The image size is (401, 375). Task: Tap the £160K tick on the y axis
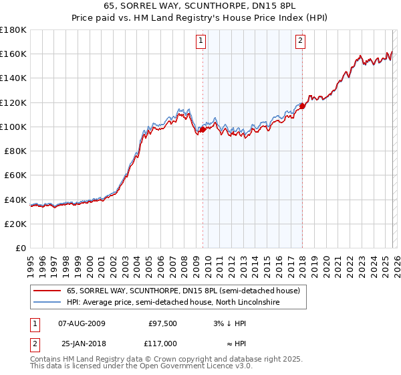pyautogui.click(x=13, y=54)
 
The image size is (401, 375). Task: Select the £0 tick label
pyautogui.click(x=21, y=248)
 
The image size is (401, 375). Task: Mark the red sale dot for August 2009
pyautogui.click(x=203, y=130)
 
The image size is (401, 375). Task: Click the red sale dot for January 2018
pyautogui.click(x=302, y=106)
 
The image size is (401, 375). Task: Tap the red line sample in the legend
pyautogui.click(x=47, y=291)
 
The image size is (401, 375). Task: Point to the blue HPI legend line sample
pyautogui.click(x=47, y=303)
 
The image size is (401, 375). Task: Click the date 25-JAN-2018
pyautogui.click(x=81, y=344)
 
